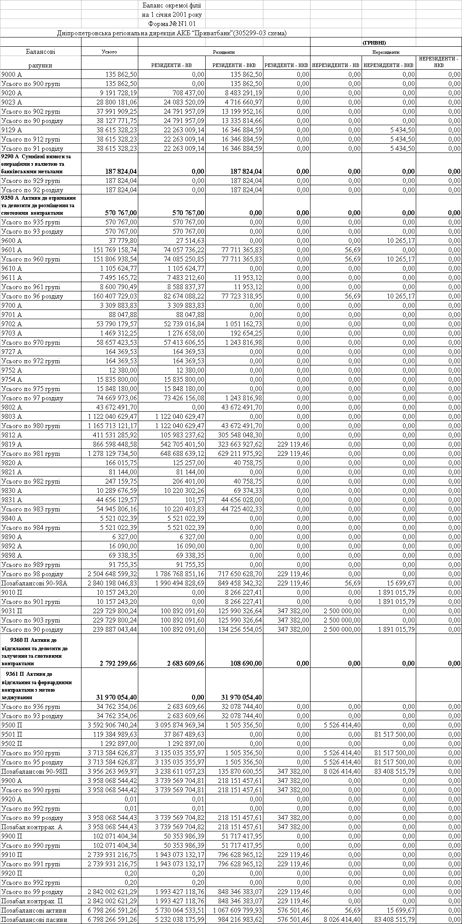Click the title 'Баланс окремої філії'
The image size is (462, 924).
172,5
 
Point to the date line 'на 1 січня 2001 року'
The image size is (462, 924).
172,15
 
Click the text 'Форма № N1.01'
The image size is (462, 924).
172,24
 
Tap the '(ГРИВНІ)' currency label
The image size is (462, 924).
374,43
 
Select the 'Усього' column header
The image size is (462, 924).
109,52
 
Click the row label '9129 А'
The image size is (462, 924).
12,130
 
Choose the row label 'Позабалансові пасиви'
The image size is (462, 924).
34,920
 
